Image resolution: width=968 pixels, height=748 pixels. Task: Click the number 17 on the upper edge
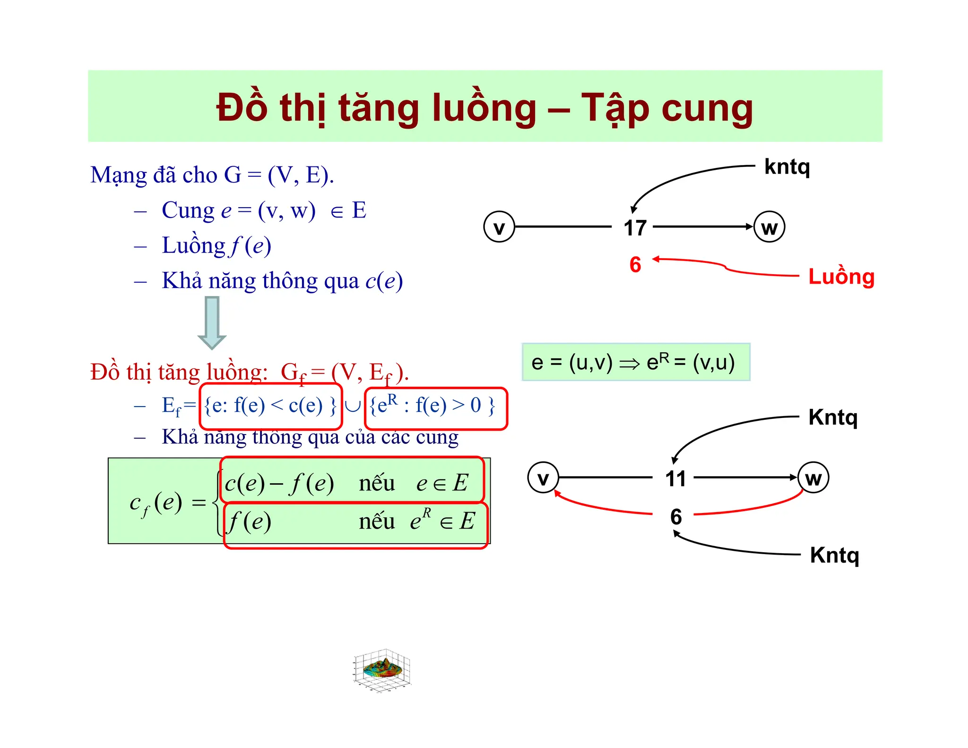tap(635, 228)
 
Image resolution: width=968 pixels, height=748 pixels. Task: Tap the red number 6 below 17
tap(635, 264)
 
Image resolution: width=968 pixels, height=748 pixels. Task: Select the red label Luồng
tap(841, 277)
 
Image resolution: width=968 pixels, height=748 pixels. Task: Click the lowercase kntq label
tap(787, 167)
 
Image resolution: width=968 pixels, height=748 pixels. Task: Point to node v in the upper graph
tap(499, 227)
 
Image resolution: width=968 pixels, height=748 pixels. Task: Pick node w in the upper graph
tap(769, 227)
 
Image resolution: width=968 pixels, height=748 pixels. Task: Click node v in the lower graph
tap(543, 478)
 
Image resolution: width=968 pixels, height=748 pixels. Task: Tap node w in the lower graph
tap(813, 478)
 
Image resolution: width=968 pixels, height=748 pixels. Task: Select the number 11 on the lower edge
tap(675, 478)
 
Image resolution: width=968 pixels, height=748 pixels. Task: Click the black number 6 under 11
tap(676, 516)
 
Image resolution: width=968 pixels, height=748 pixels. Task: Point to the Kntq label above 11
tap(833, 418)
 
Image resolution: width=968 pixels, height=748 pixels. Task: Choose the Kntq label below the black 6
tap(834, 556)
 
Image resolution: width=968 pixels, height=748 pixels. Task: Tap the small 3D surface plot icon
tap(382, 670)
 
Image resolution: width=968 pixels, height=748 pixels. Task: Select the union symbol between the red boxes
tap(353, 406)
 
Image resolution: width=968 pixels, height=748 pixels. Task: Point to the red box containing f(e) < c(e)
tap(271, 406)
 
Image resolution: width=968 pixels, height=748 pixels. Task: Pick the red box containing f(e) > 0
tap(435, 408)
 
